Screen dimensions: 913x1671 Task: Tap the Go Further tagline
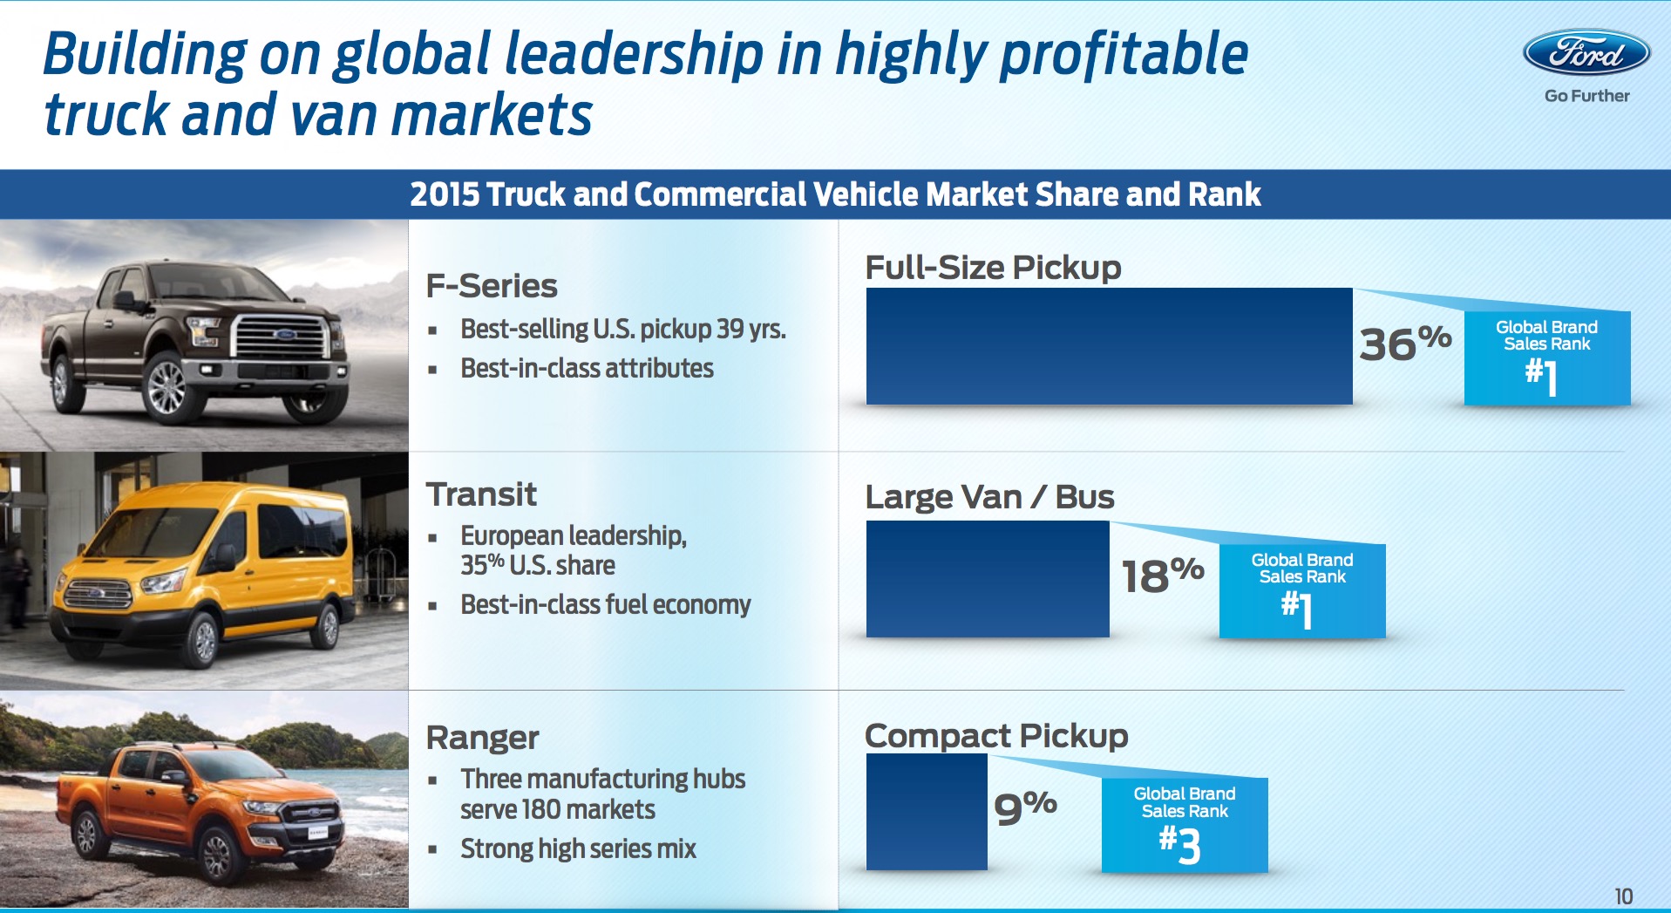[x=1586, y=96]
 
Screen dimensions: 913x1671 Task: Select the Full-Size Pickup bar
[x=1109, y=346]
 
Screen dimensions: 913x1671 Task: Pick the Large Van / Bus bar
[x=988, y=578]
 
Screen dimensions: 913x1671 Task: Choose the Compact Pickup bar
[x=927, y=811]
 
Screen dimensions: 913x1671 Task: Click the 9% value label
[x=1025, y=807]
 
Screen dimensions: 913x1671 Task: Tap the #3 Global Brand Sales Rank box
[x=1184, y=824]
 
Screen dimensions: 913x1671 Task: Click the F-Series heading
[x=492, y=286]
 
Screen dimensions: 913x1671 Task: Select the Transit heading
[x=481, y=494]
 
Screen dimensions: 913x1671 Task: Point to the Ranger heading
[x=482, y=738]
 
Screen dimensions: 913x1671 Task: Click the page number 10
[x=1623, y=896]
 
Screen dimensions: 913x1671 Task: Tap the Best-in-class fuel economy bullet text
[x=605, y=604]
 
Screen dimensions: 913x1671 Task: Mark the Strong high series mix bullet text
[x=578, y=848]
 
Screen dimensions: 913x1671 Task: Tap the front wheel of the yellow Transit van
[x=204, y=640]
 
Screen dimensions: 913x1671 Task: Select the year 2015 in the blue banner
[x=443, y=194]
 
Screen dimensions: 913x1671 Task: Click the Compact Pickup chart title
[x=995, y=736]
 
